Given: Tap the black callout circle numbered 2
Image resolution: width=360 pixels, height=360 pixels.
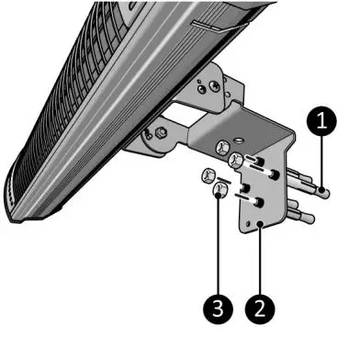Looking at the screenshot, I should point(260,304).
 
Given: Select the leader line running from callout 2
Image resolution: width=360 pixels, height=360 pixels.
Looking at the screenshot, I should point(260,262).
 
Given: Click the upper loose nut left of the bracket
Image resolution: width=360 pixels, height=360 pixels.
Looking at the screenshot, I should point(206,174).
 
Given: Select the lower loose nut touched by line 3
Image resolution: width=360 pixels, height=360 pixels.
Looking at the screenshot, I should point(219,191).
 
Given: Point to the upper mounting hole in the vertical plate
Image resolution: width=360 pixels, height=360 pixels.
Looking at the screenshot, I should point(264,174).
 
